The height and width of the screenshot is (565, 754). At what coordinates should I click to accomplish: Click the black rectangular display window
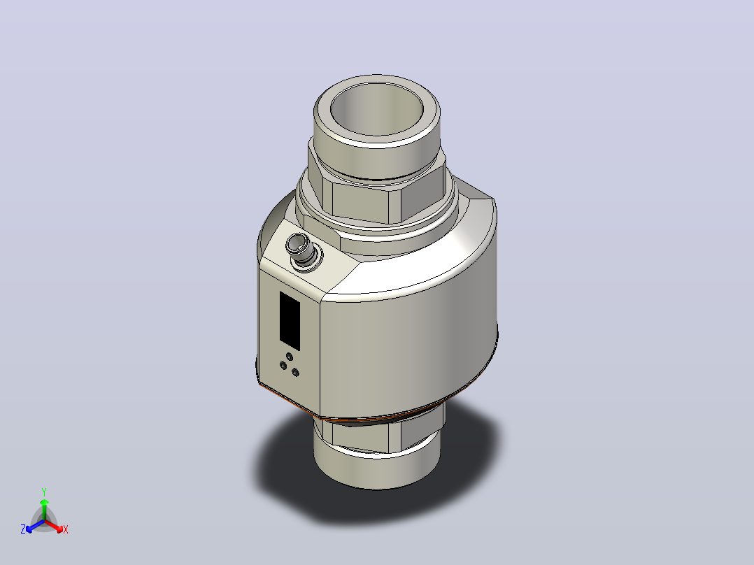point(290,320)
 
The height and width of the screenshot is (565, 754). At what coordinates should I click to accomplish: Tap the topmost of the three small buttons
point(289,357)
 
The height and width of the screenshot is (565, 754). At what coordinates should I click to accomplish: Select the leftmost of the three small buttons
point(283,366)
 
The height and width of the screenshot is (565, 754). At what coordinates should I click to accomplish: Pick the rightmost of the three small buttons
point(295,373)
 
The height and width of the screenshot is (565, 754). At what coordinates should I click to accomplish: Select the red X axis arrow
point(54,526)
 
